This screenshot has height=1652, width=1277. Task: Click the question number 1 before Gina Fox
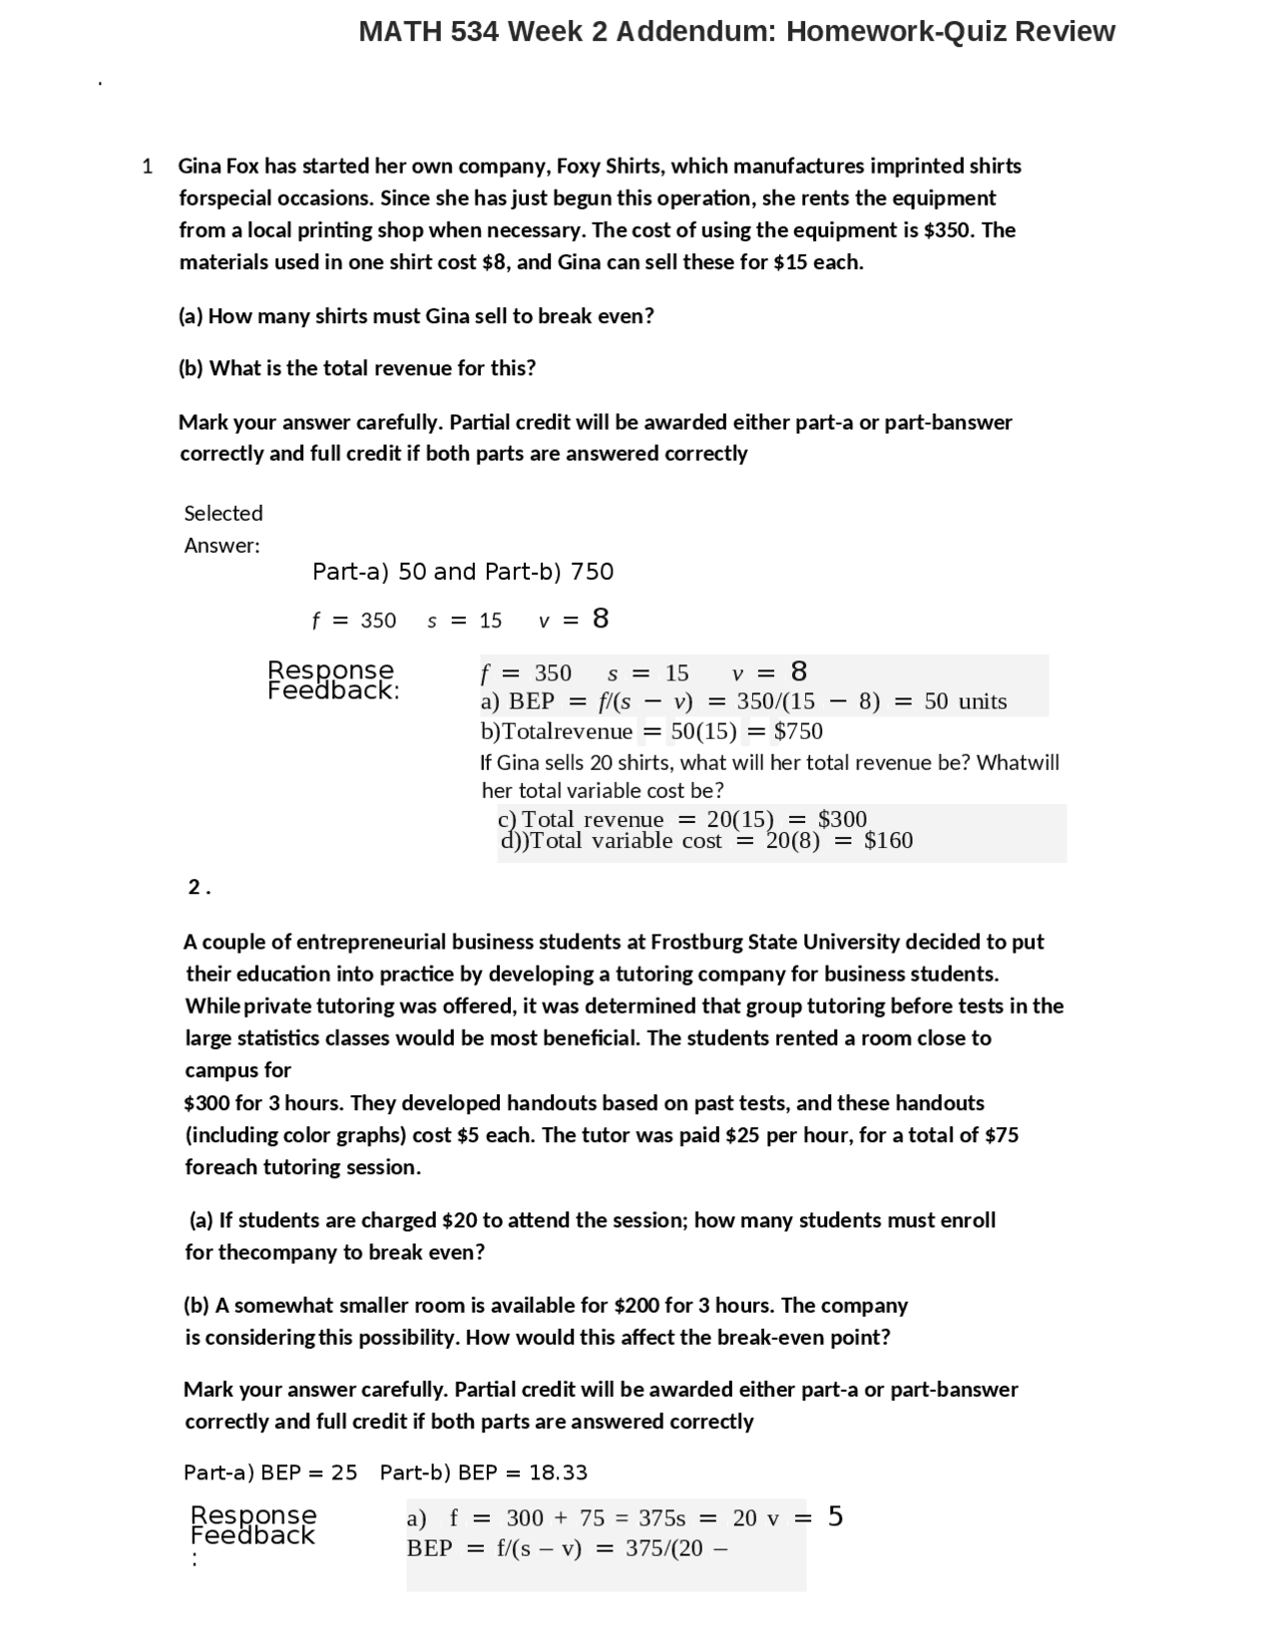(x=148, y=166)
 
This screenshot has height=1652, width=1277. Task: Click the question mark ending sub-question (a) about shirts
(x=649, y=316)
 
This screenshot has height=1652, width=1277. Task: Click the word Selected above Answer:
(x=223, y=513)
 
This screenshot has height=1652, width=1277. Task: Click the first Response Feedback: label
(x=332, y=679)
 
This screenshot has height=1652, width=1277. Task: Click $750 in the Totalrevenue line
(x=798, y=731)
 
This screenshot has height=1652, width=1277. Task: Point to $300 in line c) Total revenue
(x=842, y=819)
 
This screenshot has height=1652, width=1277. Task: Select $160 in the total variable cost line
(x=888, y=841)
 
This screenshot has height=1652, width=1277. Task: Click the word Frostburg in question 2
(x=696, y=942)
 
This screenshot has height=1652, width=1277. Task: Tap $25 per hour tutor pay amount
(x=741, y=1135)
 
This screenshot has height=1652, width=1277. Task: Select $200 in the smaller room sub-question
(x=637, y=1305)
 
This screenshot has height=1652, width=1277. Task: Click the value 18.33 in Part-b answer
(x=558, y=1472)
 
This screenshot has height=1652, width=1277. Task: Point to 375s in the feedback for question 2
(x=661, y=1518)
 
